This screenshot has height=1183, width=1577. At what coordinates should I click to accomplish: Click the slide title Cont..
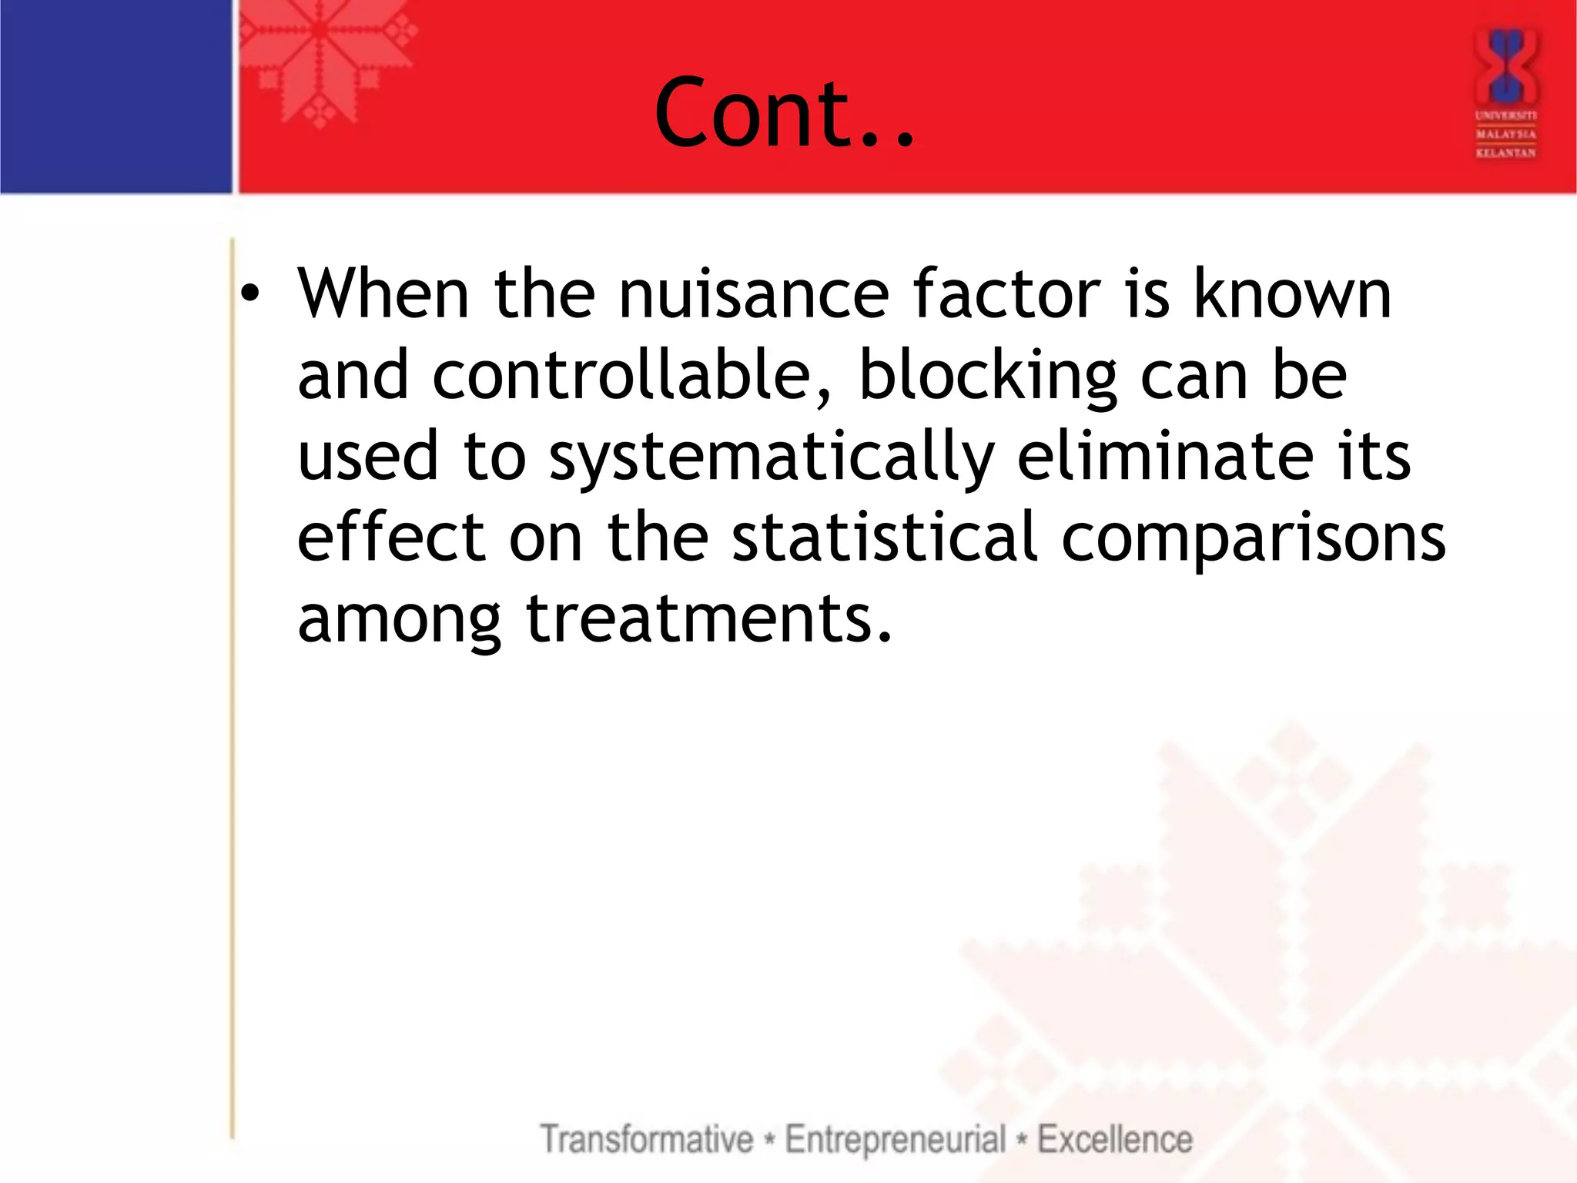784,113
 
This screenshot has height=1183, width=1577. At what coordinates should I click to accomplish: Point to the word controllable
631,375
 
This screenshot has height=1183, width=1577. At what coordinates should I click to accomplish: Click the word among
399,620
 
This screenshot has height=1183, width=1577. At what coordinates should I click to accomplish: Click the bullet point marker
250,295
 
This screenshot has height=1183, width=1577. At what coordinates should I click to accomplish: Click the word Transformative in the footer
647,1139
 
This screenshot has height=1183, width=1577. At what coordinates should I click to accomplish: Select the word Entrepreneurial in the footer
896,1139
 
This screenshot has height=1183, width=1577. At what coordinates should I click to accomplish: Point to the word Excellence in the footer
1115,1139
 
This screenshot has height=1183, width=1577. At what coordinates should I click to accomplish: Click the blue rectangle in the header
116,96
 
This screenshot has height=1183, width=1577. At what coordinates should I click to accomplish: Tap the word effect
390,538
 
